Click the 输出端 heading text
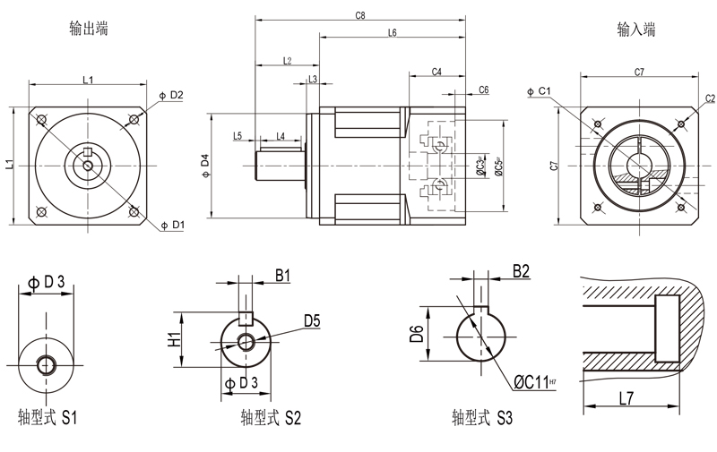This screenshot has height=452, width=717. point(89,29)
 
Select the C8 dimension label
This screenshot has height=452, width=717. point(360,15)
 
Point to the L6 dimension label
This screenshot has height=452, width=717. point(393,33)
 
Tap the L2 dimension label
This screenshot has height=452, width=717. point(287,61)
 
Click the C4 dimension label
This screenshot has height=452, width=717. point(436,72)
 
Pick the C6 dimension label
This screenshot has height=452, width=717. point(483,90)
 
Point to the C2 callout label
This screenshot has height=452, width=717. point(710,98)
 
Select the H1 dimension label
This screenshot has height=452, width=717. point(175,340)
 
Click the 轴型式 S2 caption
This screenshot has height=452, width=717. point(271,417)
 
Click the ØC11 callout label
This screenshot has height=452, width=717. point(535,383)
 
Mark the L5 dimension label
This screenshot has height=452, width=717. point(238,136)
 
